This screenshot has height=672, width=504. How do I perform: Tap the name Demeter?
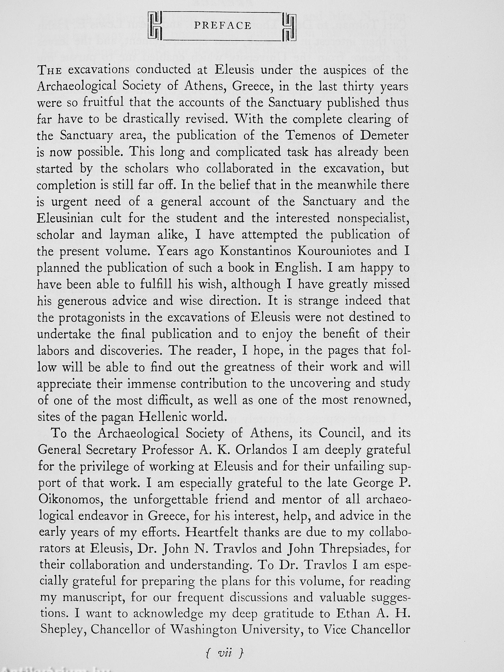coord(384,135)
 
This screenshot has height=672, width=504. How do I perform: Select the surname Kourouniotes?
coord(343,251)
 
